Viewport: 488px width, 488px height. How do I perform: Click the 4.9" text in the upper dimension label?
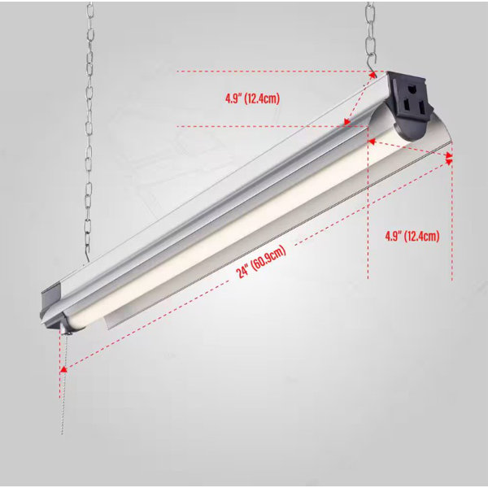[x=233, y=98]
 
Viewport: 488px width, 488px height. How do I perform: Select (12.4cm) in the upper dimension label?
[x=262, y=98]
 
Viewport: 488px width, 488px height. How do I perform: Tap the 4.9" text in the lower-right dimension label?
[x=393, y=236]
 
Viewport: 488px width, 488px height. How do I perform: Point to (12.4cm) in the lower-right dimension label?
[x=421, y=236]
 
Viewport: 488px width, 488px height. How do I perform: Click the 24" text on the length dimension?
[x=242, y=272]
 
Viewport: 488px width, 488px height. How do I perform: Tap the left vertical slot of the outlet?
[x=407, y=106]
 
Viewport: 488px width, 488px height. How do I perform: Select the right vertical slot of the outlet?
[x=421, y=107]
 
